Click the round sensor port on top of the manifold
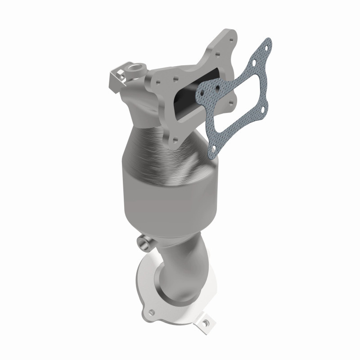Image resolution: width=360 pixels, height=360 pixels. click(135, 69)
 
